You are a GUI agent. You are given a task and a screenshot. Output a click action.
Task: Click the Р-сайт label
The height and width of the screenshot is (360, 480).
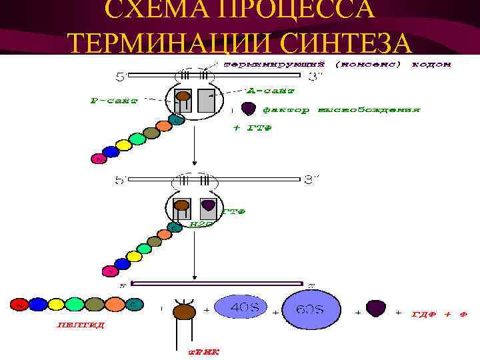pos(114,101)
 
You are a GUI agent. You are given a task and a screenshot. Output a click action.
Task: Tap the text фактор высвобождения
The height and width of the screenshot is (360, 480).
pos(341,109)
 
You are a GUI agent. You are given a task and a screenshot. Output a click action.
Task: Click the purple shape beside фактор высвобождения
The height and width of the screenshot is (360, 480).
pos(248,108)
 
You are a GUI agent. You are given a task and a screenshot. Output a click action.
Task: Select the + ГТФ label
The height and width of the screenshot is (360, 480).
pos(251,128)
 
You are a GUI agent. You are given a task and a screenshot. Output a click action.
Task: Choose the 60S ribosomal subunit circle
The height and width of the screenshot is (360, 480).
pos(311,310)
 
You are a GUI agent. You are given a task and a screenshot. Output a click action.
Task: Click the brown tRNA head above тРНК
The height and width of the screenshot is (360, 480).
pos(184,311)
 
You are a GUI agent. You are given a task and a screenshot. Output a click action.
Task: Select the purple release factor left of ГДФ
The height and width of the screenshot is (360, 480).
pos(377,308)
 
